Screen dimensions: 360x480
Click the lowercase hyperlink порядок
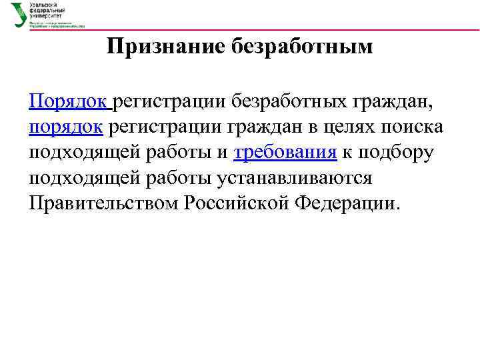coord(66,127)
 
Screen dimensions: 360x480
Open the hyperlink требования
coord(285,152)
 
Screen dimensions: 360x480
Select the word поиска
coord(415,127)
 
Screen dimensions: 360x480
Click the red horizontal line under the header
coord(267,29)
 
